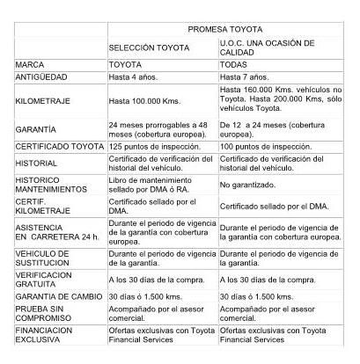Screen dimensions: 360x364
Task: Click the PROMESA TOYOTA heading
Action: pos(227,28)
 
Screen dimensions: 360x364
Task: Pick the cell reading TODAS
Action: pos(236,65)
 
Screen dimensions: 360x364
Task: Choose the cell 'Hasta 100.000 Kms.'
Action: pos(145,102)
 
